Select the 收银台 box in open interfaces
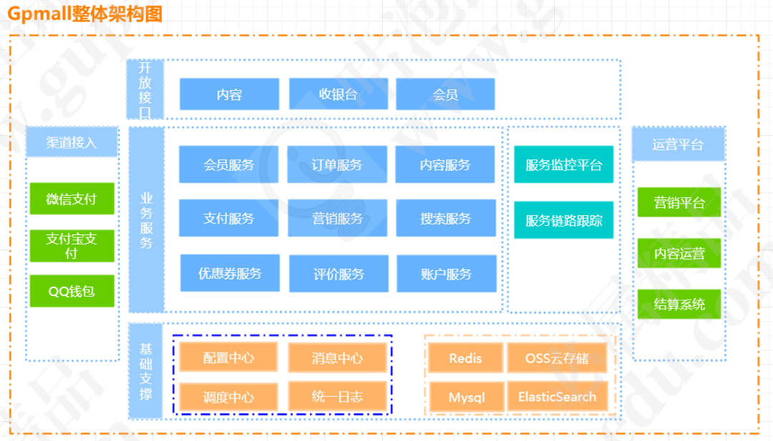338,94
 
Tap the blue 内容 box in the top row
229,94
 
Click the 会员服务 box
228,165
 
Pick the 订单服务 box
337,165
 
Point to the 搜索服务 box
445,219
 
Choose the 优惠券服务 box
230,273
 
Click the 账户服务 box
446,274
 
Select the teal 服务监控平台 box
564,165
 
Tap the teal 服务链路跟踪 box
564,220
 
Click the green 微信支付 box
72,199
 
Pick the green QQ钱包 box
72,291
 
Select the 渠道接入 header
72,142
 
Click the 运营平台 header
678,144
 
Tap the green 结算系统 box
679,304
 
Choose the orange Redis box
465,357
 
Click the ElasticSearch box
557,397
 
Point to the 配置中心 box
228,357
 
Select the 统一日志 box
337,396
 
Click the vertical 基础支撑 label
146,371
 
